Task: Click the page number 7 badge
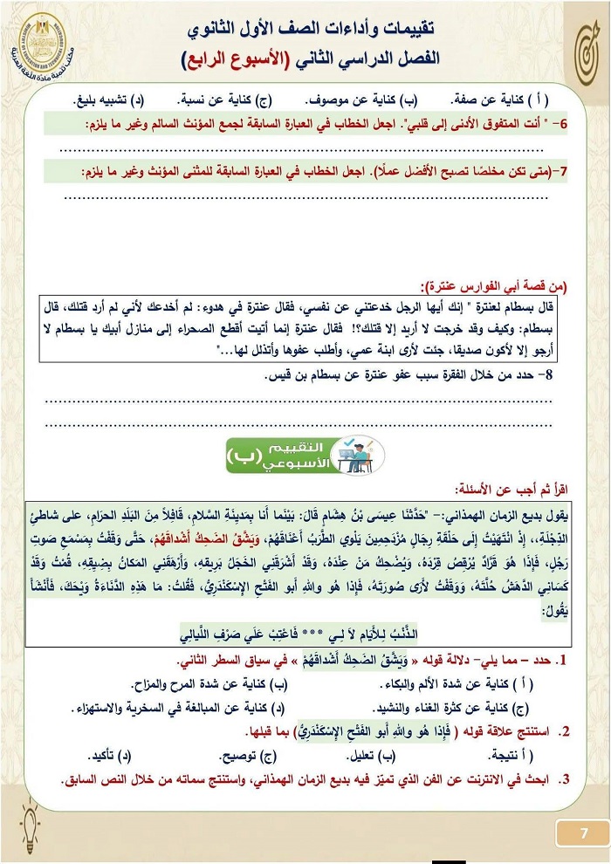tap(582, 832)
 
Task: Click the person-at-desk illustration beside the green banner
tap(360, 454)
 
